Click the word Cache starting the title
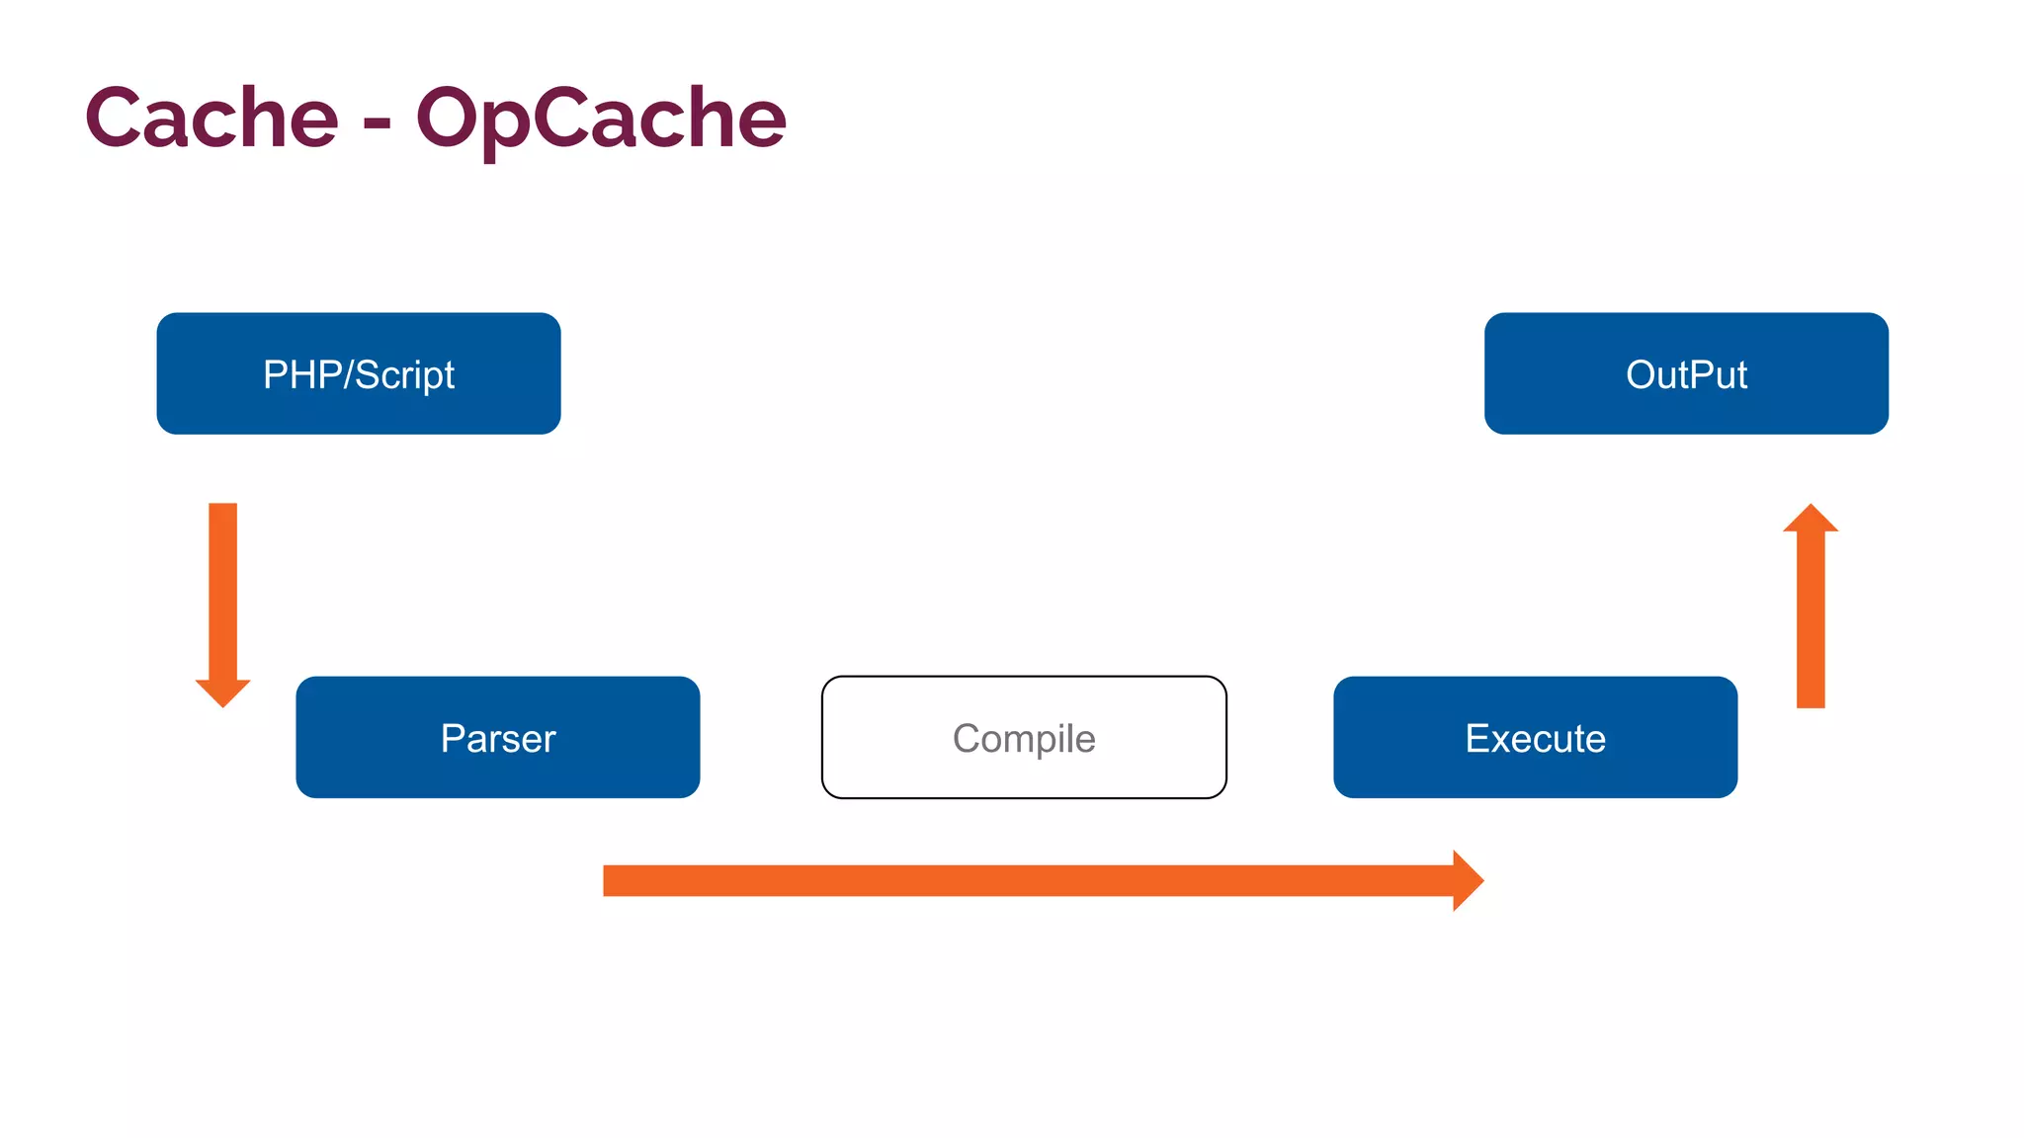click(x=211, y=119)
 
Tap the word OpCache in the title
click(x=601, y=119)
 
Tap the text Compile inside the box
click(x=1024, y=739)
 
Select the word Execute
click(x=1535, y=739)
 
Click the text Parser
click(x=497, y=739)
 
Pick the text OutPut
click(x=1686, y=375)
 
